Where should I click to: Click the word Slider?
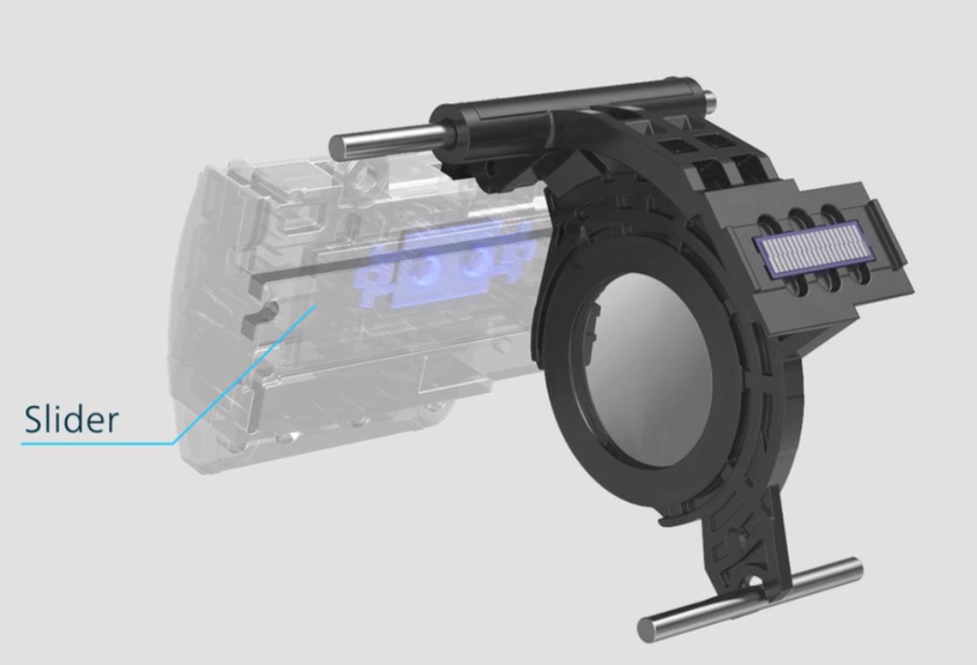pyautogui.click(x=72, y=420)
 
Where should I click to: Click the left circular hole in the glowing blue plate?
pyautogui.click(x=423, y=269)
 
